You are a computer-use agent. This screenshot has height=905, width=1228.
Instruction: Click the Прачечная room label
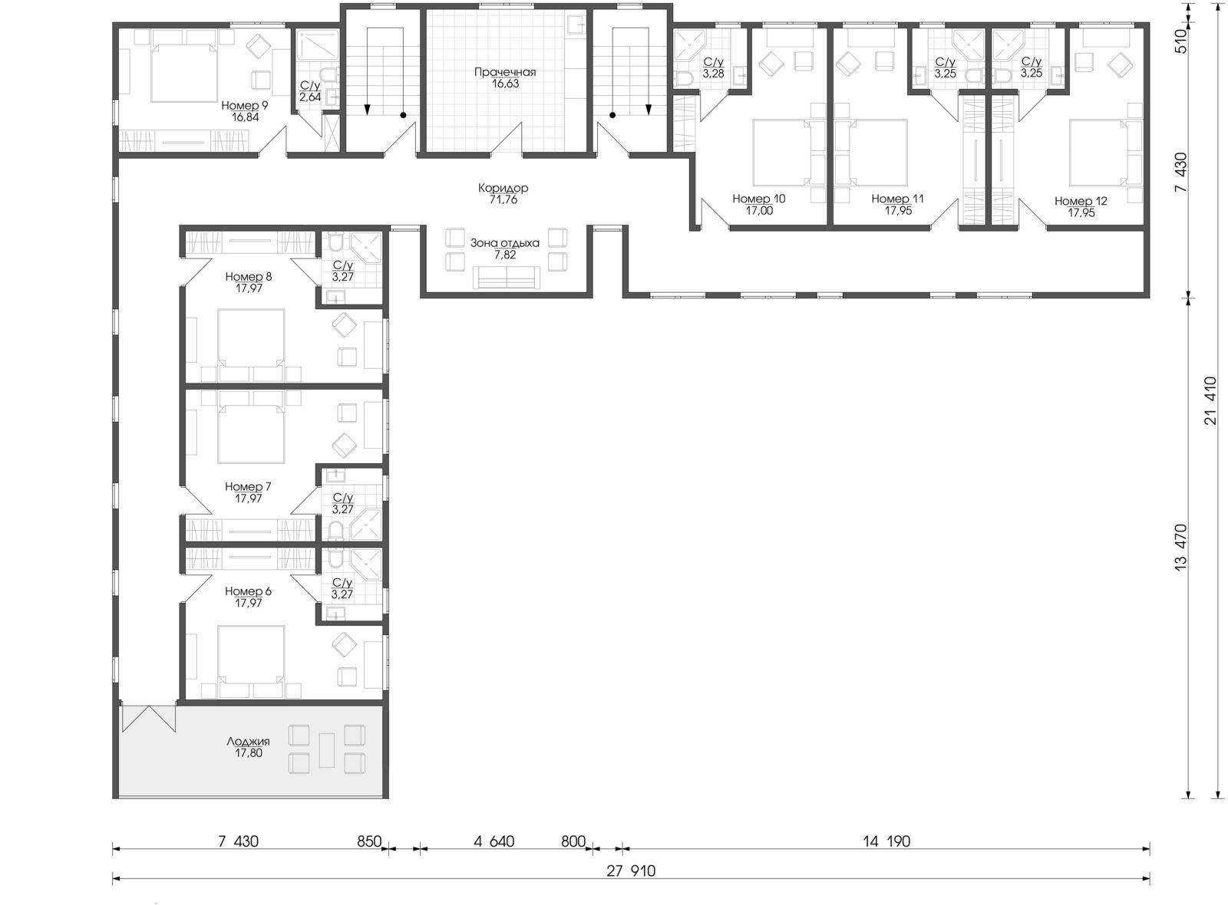click(505, 72)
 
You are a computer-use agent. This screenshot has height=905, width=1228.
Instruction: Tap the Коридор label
click(503, 188)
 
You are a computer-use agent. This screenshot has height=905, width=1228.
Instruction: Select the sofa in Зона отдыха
click(507, 277)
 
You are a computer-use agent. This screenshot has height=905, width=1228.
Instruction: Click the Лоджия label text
click(249, 742)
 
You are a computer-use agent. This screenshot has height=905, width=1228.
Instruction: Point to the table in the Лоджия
click(327, 750)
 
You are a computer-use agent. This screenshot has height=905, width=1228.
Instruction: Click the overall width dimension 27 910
click(631, 870)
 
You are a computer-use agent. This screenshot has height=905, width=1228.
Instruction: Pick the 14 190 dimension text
click(886, 841)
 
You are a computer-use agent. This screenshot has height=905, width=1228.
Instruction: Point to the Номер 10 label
click(759, 199)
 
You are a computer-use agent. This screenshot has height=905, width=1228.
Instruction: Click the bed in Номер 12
click(1098, 153)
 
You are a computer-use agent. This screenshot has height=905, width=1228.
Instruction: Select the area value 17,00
click(759, 210)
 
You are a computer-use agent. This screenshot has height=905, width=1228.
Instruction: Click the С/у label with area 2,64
click(310, 86)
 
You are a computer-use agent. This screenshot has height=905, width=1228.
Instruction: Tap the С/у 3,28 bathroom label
click(713, 62)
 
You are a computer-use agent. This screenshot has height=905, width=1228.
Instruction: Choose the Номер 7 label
click(248, 486)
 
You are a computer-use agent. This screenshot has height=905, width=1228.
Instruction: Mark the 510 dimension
click(1181, 41)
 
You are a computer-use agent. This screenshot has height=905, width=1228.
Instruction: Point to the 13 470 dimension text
click(1181, 548)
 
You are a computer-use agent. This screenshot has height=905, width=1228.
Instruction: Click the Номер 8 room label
click(249, 277)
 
